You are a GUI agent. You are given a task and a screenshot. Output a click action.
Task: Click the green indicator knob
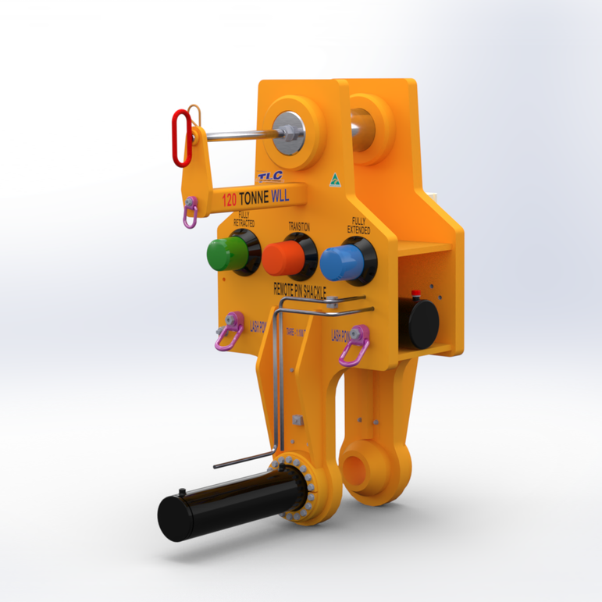(226, 254)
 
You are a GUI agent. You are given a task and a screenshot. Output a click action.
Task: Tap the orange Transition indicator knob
(283, 257)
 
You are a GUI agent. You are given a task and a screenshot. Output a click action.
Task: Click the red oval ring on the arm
(182, 137)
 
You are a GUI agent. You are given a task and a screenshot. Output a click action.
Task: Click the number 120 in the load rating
(230, 200)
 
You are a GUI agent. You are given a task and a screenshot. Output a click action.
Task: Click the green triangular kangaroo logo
(334, 178)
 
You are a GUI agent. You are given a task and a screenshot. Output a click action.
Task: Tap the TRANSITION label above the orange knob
(299, 226)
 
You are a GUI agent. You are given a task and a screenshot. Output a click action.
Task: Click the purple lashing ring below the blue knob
(353, 347)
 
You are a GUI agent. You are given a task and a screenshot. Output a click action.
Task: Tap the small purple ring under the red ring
(190, 213)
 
